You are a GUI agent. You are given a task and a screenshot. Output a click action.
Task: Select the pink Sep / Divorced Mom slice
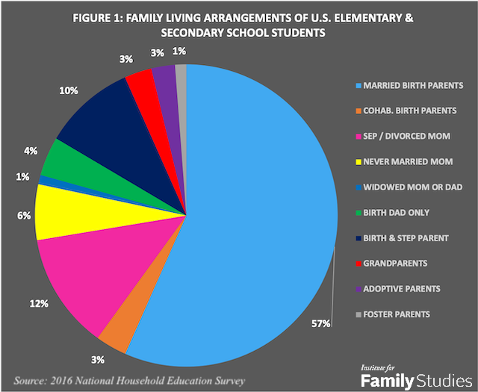click(82, 276)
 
